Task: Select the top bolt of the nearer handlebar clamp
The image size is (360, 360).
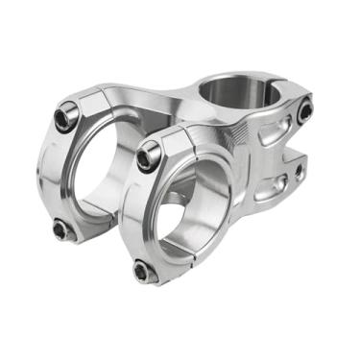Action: pyautogui.click(x=147, y=156)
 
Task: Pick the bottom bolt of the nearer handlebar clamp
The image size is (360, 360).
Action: pyautogui.click(x=144, y=273)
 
